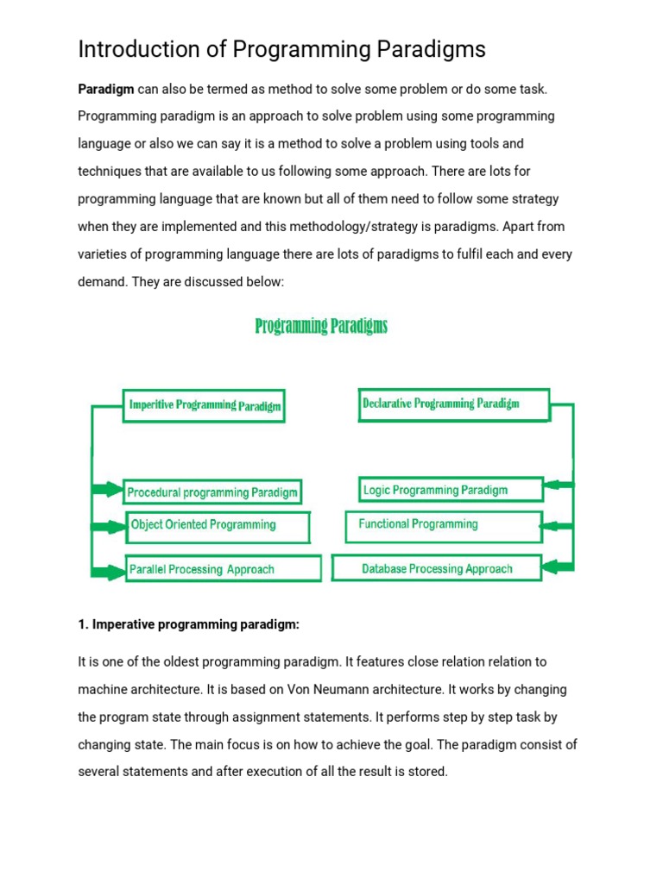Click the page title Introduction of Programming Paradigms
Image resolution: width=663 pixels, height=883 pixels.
point(281,50)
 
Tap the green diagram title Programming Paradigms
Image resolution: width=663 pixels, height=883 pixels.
point(321,326)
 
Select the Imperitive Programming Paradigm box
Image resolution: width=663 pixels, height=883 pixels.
point(204,404)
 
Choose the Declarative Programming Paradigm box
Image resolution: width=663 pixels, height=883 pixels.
point(452,404)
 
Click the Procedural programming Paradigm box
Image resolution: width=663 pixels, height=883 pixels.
point(212,492)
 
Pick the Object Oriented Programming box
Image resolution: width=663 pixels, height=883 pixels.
point(217,525)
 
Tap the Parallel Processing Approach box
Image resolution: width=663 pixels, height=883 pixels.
point(223,569)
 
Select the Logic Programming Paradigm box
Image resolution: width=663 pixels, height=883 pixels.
point(451,490)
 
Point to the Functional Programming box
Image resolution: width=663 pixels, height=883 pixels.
point(443,524)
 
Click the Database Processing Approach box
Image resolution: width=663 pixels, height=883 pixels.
point(437,568)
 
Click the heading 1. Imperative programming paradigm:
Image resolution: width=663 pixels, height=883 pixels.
point(188,624)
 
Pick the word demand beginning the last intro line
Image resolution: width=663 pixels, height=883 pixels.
point(102,281)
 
